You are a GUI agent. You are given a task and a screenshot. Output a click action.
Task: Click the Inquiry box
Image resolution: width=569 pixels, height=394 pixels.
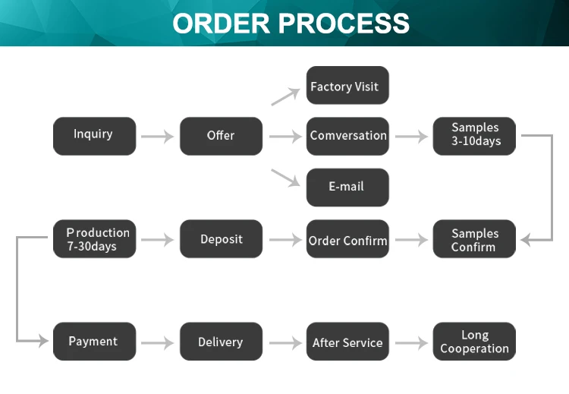pyautogui.click(x=94, y=136)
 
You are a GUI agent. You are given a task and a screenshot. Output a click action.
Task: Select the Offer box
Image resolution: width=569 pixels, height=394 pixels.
pyautogui.click(x=221, y=136)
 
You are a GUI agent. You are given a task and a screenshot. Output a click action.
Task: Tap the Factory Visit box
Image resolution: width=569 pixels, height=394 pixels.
pyautogui.click(x=347, y=85)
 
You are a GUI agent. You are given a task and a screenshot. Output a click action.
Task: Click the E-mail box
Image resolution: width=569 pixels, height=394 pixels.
pyautogui.click(x=347, y=188)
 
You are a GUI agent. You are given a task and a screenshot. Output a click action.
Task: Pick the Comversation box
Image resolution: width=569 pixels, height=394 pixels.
pyautogui.click(x=347, y=136)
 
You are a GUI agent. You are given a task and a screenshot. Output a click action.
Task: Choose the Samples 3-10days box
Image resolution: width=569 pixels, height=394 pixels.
pyautogui.click(x=474, y=136)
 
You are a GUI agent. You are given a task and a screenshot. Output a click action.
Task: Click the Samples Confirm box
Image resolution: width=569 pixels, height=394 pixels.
pyautogui.click(x=474, y=239)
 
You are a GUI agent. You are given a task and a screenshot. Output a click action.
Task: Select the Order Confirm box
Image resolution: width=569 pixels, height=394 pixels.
pyautogui.click(x=347, y=239)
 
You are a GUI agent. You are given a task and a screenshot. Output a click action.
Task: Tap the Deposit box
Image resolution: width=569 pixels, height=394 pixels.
pyautogui.click(x=221, y=239)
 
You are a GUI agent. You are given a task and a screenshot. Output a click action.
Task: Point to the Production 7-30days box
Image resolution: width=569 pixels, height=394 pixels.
pyautogui.click(x=94, y=239)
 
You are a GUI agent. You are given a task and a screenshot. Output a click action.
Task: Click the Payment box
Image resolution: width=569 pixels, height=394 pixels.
pyautogui.click(x=94, y=342)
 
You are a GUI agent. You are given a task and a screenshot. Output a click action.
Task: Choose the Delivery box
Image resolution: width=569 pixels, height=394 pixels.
pyautogui.click(x=221, y=342)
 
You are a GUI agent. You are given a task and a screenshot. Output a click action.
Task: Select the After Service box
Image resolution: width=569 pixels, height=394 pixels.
pyautogui.click(x=347, y=342)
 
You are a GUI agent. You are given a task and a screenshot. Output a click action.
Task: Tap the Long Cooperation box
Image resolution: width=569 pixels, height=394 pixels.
pyautogui.click(x=474, y=342)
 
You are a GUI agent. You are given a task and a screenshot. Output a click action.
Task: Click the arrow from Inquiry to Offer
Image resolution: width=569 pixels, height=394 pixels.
pyautogui.click(x=158, y=137)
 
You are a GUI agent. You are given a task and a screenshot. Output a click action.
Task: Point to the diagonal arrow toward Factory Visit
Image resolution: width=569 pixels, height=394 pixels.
pyautogui.click(x=285, y=96)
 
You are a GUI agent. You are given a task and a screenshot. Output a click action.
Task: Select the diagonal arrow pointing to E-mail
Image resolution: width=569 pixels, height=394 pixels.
pyautogui.click(x=285, y=178)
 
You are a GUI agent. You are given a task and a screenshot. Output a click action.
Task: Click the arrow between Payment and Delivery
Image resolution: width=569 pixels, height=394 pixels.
pyautogui.click(x=158, y=343)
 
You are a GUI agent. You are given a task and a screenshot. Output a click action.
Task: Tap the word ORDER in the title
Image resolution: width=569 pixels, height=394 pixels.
pyautogui.click(x=221, y=24)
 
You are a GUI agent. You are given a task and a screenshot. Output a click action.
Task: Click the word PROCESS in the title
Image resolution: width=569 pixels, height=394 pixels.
pyautogui.click(x=344, y=24)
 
